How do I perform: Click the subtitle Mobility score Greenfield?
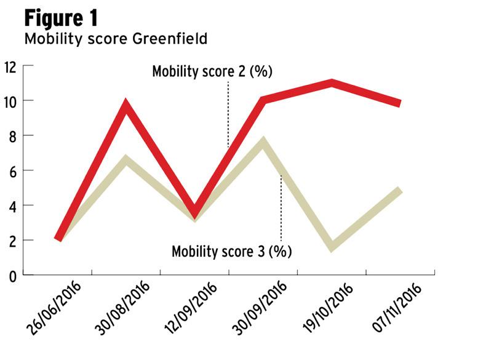click(115, 39)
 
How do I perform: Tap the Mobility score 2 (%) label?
click(212, 71)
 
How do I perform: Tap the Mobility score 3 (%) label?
click(231, 251)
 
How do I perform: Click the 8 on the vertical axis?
click(12, 135)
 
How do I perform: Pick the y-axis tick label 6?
click(12, 170)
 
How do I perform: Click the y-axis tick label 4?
click(12, 206)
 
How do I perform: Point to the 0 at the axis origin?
click(12, 275)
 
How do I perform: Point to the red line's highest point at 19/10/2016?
click(332, 82)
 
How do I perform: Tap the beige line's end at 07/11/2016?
click(400, 190)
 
